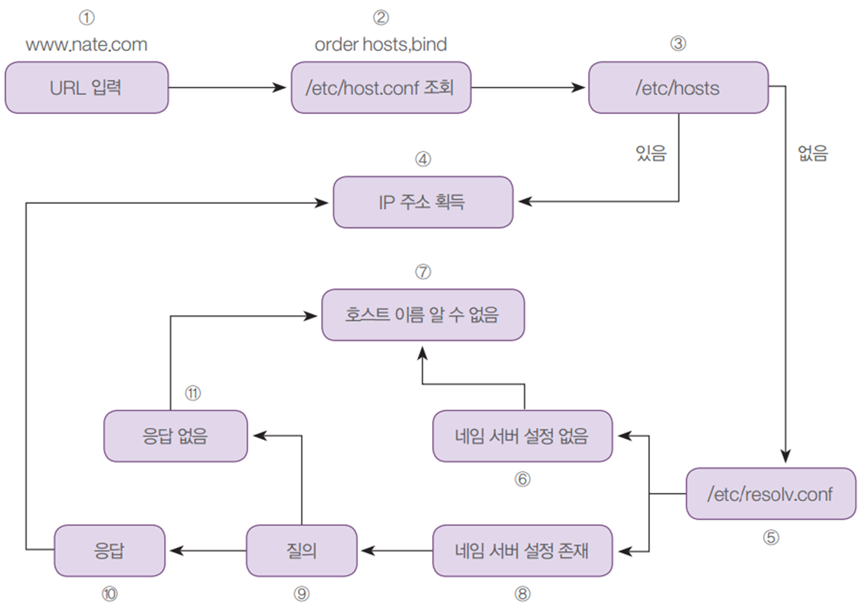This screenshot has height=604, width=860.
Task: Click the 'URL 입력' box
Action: (x=86, y=88)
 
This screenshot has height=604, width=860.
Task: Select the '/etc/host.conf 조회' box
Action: (x=381, y=88)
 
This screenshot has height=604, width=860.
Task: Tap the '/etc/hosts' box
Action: (x=678, y=88)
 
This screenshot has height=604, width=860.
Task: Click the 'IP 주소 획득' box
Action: (x=423, y=202)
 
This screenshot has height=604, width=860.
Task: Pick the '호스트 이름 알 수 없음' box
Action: (x=422, y=314)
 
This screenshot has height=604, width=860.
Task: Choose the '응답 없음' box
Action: (x=175, y=436)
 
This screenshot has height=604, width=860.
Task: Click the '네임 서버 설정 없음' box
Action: (x=522, y=436)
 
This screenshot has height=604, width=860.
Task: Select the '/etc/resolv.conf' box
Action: (x=771, y=494)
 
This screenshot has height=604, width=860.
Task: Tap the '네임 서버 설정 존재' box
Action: (x=522, y=551)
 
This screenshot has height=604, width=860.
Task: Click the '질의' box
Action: (x=300, y=551)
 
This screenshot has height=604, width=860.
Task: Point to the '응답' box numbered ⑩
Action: (x=109, y=551)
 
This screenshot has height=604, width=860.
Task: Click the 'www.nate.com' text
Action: (x=86, y=45)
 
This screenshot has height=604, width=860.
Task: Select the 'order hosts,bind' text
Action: (x=381, y=45)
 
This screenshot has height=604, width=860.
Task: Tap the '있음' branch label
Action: (x=651, y=154)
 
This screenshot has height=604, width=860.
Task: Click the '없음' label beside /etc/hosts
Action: (x=812, y=154)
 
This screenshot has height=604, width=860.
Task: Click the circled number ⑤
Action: (x=771, y=538)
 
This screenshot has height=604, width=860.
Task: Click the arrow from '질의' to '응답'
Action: (x=206, y=551)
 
